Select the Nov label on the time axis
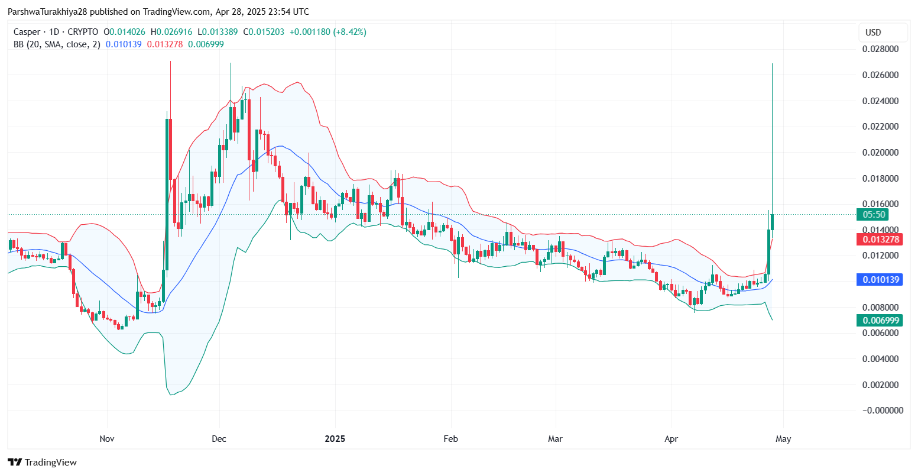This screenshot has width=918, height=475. (x=107, y=439)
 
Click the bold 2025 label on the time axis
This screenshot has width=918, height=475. (x=335, y=439)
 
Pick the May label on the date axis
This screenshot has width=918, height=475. (x=783, y=439)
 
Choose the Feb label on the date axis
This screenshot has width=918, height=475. (x=451, y=439)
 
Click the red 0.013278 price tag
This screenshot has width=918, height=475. (x=879, y=240)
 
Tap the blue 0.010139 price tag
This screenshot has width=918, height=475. (x=879, y=280)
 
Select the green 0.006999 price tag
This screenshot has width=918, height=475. (x=879, y=321)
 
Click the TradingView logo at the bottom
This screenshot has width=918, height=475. (x=43, y=463)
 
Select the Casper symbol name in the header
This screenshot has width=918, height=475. (x=27, y=32)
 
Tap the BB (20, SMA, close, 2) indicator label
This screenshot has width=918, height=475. (x=57, y=44)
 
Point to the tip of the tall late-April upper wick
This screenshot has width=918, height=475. (x=773, y=63)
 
